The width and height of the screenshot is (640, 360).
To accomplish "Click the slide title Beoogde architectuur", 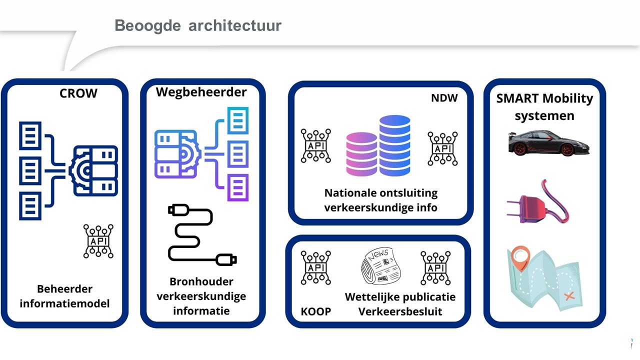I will point(198,25).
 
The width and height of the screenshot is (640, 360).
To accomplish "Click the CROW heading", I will point(78,93).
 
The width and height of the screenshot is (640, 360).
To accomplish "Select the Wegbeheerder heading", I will point(201,92).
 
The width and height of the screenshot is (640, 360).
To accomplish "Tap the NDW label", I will point(444,98).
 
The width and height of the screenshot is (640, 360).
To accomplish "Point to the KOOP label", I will point(315,311).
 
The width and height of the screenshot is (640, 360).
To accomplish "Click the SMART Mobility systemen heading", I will point(544,106).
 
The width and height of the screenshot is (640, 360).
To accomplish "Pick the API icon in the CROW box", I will point(98,241).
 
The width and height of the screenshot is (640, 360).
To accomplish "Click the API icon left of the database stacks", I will point(315,145).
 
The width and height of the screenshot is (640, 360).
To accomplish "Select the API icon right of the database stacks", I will point(442,148).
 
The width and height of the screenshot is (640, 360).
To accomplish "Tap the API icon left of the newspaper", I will point(315,268).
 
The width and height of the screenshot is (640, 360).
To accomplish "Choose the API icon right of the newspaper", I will point(435,268).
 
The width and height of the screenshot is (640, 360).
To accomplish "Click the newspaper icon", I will point(378,266).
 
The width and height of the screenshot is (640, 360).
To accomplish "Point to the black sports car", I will point(548,143).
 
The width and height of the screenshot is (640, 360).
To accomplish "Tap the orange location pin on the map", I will point(520,257).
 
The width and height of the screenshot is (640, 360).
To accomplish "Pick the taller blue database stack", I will point(394,145).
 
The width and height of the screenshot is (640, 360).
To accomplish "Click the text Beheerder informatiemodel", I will point(64,296).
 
